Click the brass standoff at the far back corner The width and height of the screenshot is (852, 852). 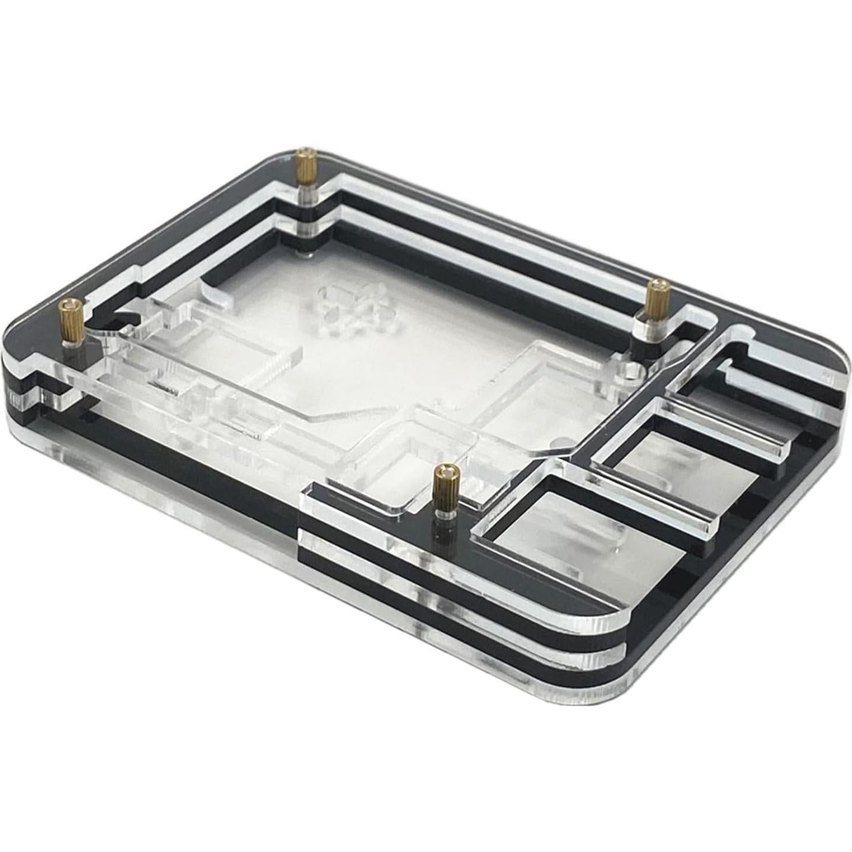pos(305,166)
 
